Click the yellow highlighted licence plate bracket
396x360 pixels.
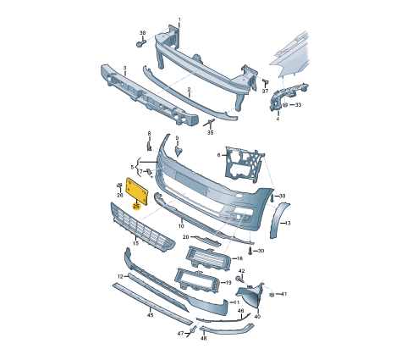(x=137, y=191)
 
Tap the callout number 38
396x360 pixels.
(x=143, y=33)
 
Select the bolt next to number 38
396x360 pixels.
(x=140, y=44)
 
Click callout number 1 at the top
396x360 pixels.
(x=179, y=19)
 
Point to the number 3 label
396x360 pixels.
(x=124, y=68)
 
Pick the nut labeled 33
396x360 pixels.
(x=285, y=105)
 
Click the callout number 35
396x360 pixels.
(x=211, y=133)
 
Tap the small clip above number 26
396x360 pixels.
(x=119, y=186)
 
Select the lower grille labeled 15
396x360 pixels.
(x=142, y=225)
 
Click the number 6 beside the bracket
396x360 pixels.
(x=218, y=155)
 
